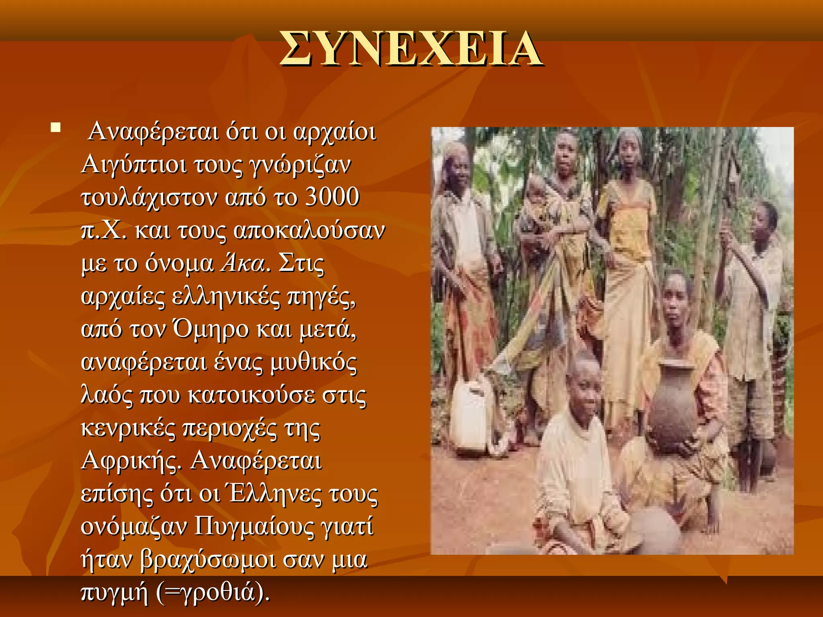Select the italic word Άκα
pos(244,264)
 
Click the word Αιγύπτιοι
pos(134,165)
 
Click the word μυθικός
pos(313,362)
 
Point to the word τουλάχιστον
pos(149,198)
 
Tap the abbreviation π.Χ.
pos(104,231)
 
